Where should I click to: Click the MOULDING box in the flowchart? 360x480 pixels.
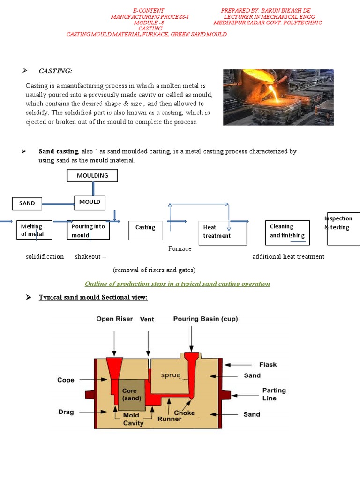[92, 176]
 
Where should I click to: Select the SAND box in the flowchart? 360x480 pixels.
[27, 203]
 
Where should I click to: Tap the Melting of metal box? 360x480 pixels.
[34, 230]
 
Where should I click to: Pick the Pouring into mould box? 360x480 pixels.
[88, 230]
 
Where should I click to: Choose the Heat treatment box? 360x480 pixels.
[223, 232]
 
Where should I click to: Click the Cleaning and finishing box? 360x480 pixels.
[287, 232]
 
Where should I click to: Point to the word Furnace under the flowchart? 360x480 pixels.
[180, 248]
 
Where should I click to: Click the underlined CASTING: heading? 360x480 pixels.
[55, 71]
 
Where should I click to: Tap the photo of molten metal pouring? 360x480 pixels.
[278, 97]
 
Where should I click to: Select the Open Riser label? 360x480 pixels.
[115, 319]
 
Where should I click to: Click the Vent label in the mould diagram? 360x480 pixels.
[147, 319]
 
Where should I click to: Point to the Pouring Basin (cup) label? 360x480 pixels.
[205, 319]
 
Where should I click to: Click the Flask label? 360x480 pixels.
[268, 364]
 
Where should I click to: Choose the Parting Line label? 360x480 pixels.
[274, 394]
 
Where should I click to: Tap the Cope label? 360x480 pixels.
[66, 380]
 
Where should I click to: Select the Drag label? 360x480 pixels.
[66, 412]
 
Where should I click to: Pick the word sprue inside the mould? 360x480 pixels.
[170, 375]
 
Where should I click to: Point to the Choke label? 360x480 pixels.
[184, 413]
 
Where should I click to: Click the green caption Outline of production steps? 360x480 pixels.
[177, 284]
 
